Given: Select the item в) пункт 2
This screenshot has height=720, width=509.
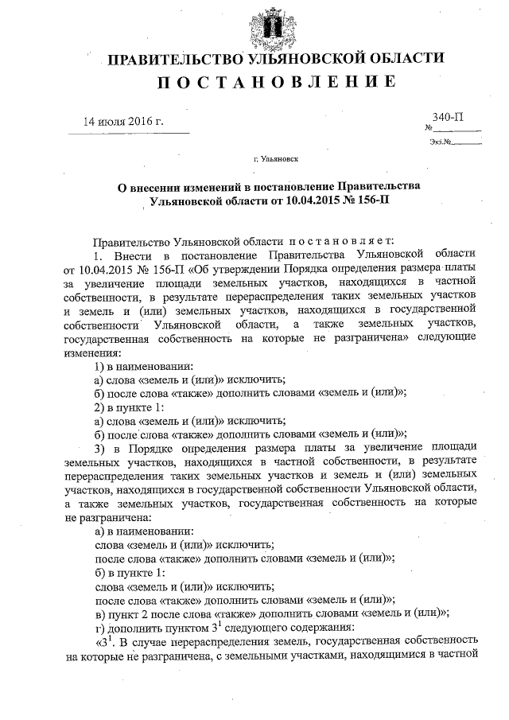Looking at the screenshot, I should tap(123, 612).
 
